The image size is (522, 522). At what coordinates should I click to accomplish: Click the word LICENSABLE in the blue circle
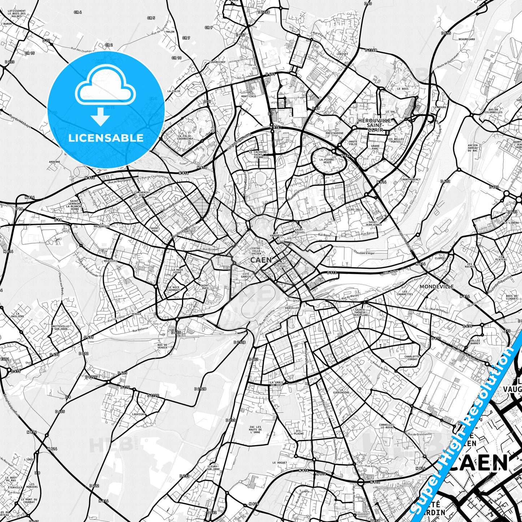[106, 138]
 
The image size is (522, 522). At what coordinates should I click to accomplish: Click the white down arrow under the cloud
[100, 117]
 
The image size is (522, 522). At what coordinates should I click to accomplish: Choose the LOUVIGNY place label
[138, 414]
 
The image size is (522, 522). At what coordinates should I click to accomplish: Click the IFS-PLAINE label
[299, 432]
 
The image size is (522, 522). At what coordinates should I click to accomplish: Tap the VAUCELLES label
[292, 308]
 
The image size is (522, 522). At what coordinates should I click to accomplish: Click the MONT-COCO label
[248, 96]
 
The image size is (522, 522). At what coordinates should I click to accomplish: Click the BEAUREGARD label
[466, 39]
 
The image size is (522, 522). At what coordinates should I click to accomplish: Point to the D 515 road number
[446, 33]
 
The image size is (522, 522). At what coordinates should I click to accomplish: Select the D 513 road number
[332, 273]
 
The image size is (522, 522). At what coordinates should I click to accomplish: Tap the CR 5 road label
[151, 18]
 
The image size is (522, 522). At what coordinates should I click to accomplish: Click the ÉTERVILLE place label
[15, 487]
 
